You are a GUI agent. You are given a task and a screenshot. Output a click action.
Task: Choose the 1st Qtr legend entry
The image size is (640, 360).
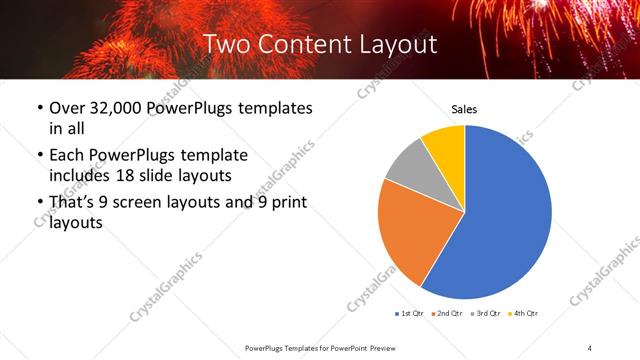(408, 313)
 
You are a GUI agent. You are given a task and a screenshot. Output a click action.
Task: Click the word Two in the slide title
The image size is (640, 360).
(228, 43)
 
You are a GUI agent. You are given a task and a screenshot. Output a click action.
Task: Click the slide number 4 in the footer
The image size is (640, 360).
(590, 347)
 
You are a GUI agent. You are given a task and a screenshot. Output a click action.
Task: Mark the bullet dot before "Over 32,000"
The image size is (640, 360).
(39, 108)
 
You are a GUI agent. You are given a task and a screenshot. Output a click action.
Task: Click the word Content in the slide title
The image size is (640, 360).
(304, 43)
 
